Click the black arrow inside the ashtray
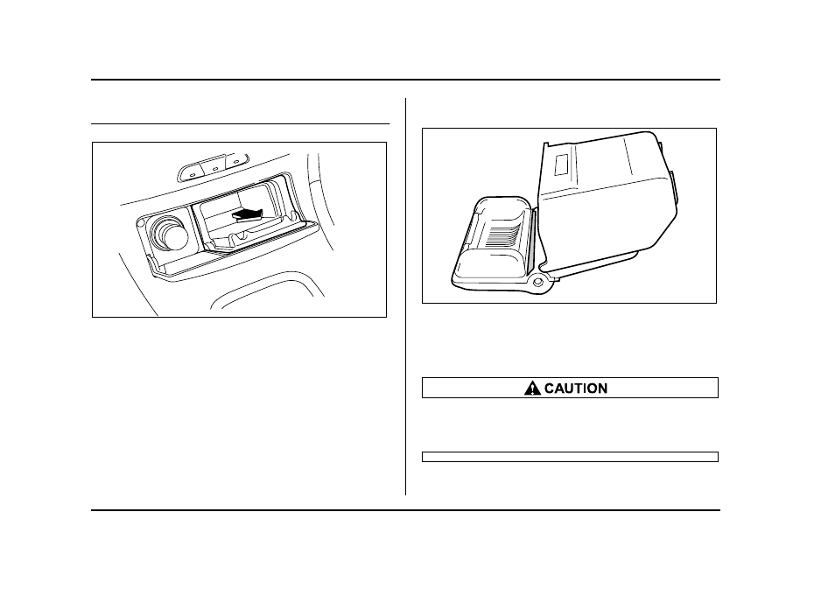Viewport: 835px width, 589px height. (248, 214)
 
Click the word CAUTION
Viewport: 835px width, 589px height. (576, 389)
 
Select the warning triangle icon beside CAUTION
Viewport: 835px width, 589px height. (532, 389)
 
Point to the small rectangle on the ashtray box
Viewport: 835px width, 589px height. (561, 165)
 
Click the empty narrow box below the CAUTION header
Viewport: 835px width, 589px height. (570, 457)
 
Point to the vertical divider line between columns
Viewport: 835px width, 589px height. (406, 296)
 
